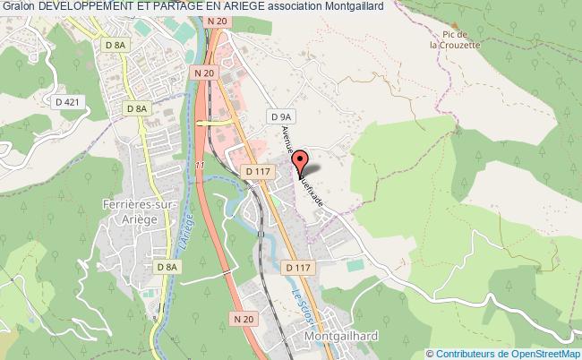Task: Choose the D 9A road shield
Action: [x=281, y=116]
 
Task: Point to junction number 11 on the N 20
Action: [x=201, y=166]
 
